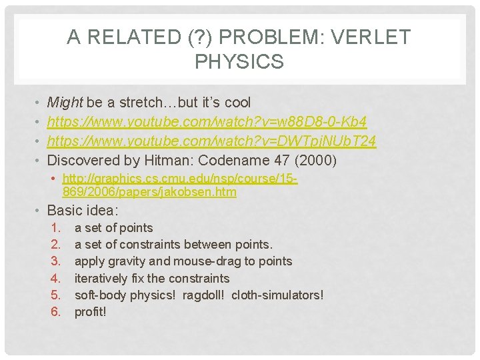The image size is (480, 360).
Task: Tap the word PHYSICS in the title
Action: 239,62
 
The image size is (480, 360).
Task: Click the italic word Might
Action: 64,103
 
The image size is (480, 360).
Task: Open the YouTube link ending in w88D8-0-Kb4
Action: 207,122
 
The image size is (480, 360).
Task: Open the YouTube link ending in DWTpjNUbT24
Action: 211,141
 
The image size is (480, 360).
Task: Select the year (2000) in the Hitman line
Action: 315,161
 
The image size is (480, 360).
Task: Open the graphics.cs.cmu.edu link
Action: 179,185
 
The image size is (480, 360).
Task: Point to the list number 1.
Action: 55,228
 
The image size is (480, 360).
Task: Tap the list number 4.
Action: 55,278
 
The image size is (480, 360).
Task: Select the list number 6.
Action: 55,311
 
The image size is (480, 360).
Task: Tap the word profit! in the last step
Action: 91,311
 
